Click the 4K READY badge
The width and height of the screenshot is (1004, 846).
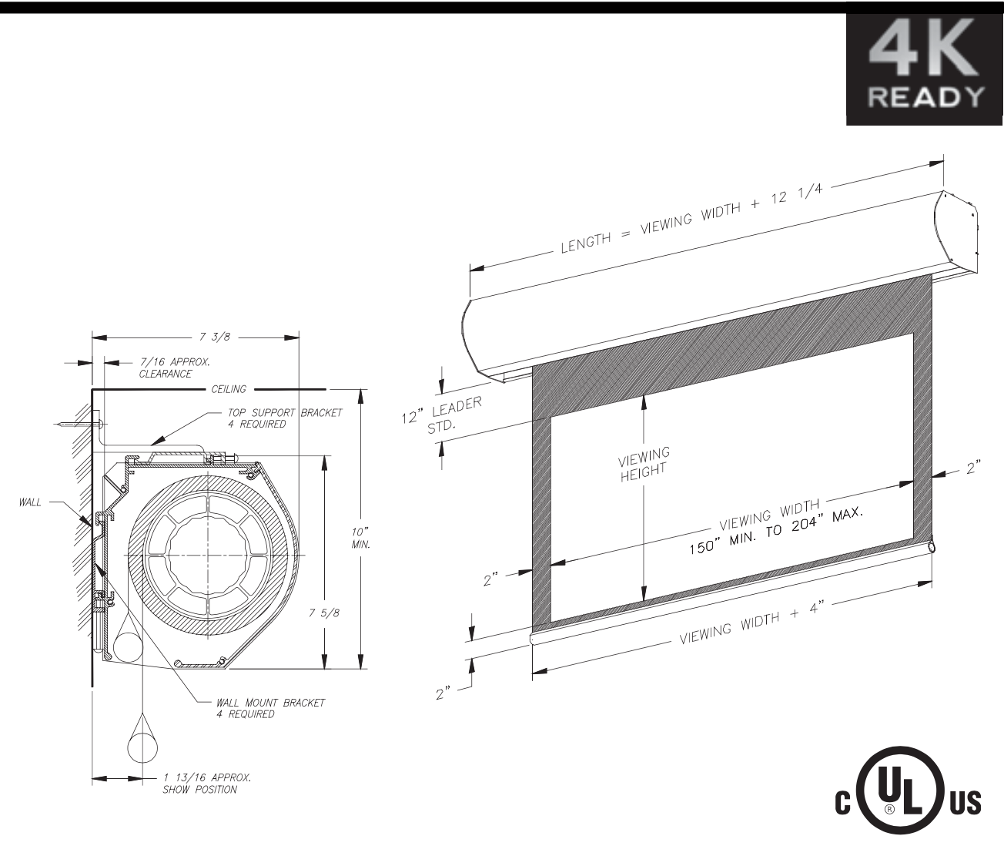[x=924, y=69]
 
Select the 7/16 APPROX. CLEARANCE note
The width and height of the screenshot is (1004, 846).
[x=174, y=368]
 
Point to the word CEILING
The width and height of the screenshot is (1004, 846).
[x=229, y=389]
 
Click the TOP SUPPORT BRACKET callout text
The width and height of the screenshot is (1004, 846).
[x=285, y=418]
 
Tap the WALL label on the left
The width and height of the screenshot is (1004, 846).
[x=30, y=502]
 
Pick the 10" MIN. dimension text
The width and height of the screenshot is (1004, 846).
[x=360, y=538]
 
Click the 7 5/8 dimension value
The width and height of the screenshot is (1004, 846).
[x=323, y=613]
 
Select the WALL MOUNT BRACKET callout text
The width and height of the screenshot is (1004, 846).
[x=270, y=708]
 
